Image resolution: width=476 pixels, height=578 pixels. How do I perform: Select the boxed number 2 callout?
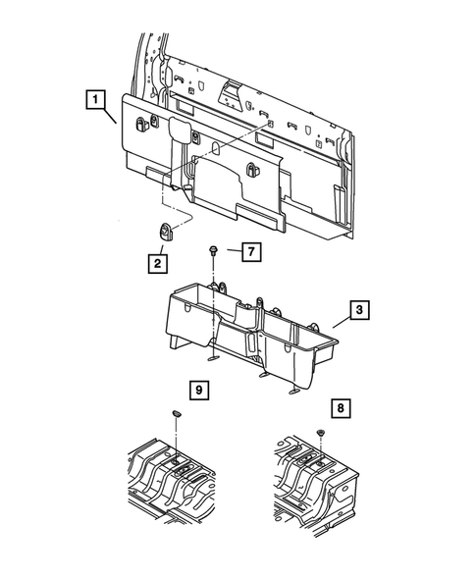point(157,262)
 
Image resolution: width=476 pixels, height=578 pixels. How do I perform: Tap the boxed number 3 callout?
point(359,311)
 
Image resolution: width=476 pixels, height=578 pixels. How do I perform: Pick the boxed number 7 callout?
point(250,252)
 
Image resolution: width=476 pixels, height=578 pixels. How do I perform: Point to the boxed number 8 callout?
point(341,405)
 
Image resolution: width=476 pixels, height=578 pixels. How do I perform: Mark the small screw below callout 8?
point(321,434)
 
